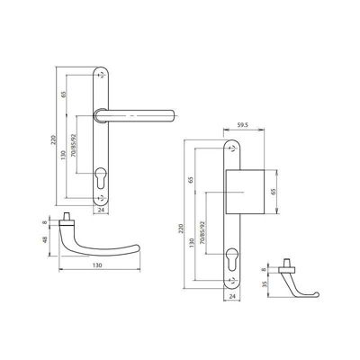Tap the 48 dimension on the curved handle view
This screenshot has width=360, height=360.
click(46, 240)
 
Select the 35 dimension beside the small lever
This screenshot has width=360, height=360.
click(265, 284)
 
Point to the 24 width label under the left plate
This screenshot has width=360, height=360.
click(101, 210)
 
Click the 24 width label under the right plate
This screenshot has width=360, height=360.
click(232, 297)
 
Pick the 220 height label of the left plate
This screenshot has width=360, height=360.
click(54, 139)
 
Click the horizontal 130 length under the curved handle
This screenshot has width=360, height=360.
click(97, 265)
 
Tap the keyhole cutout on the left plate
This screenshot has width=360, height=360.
click(101, 178)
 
